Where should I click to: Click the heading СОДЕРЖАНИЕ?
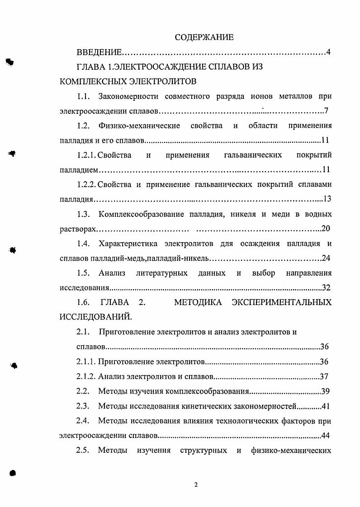pos(204,37)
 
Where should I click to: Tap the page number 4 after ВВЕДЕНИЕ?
pos(329,52)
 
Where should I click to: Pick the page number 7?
pos(326,111)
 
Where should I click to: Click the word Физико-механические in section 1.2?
pos(139,125)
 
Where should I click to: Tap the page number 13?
pos(328,199)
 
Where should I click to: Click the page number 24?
pos(327,258)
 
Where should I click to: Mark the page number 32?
pos(327,287)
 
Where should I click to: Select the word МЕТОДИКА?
pos(198,302)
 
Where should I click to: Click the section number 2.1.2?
pos(86,376)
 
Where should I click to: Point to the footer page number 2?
pos(196,485)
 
